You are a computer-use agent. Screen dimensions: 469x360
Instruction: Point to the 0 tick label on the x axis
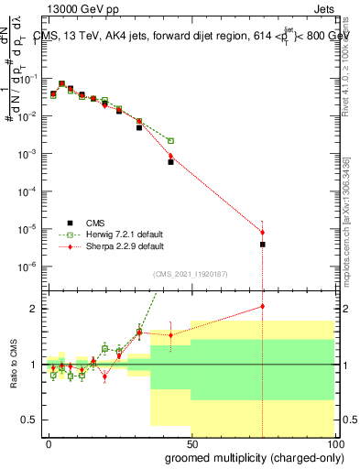[49, 442]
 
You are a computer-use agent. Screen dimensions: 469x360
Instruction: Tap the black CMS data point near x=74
[262, 245]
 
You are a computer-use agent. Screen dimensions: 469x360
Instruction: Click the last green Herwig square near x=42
[170, 141]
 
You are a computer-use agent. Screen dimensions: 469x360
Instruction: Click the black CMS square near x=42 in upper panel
[170, 162]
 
